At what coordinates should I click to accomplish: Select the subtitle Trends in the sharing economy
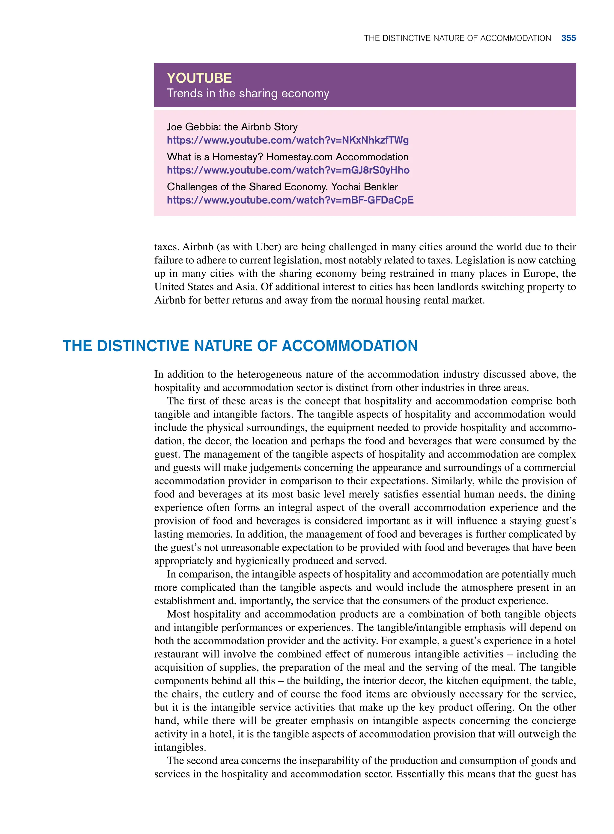coord(248,93)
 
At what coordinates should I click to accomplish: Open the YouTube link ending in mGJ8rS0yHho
coord(288,170)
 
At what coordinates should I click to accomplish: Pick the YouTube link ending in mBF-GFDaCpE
coord(290,200)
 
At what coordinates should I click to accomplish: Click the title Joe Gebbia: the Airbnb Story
coord(232,127)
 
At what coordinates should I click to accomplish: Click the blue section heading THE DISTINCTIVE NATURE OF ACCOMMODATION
coord(240,346)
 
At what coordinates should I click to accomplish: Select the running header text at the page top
coord(457,38)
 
